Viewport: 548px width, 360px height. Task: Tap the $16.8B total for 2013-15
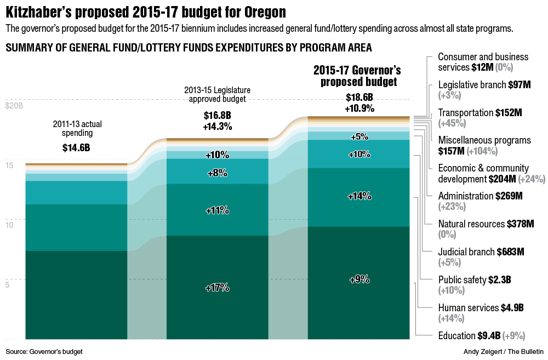(218, 116)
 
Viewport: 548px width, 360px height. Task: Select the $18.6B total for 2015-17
(359, 98)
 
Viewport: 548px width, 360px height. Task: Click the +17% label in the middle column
(217, 288)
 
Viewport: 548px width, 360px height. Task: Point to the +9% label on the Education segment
(359, 279)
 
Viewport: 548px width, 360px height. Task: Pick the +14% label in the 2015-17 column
(359, 196)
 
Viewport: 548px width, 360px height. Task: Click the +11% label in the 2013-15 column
(217, 210)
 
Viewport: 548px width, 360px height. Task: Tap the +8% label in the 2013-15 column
(217, 173)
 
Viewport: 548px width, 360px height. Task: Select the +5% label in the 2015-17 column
(359, 136)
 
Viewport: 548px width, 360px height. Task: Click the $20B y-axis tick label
(14, 105)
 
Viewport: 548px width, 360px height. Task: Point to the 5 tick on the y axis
(8, 285)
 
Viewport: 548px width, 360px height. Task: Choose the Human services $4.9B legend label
(481, 308)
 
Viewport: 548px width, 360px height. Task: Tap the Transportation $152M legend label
(480, 113)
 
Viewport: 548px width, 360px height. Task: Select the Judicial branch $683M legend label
(481, 252)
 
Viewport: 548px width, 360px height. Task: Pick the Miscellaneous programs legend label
(484, 140)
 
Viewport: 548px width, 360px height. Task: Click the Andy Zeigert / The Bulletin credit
(504, 351)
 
